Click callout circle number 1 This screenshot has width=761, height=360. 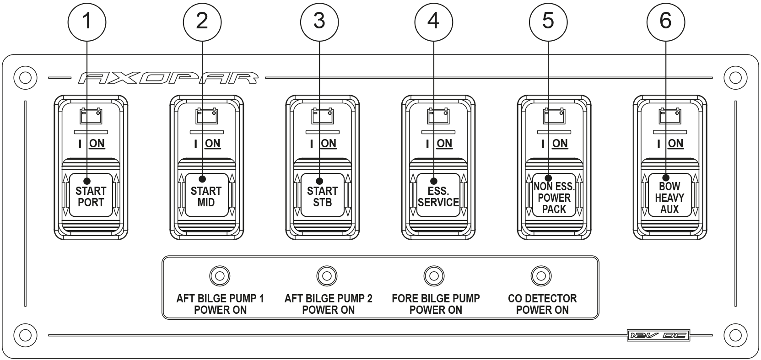[86, 21]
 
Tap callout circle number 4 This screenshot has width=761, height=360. [433, 21]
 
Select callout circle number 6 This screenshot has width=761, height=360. [665, 21]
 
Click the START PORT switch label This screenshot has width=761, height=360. [91, 197]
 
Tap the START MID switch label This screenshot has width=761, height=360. [206, 197]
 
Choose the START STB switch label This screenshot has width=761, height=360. [322, 197]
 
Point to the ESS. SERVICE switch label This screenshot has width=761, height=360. [438, 197]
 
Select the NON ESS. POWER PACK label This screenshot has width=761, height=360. [554, 198]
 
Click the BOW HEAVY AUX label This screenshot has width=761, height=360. [669, 198]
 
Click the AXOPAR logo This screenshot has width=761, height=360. [167, 78]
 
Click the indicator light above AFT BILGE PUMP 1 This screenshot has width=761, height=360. [220, 276]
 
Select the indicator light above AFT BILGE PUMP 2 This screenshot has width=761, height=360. [327, 276]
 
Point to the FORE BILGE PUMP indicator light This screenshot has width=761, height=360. [434, 276]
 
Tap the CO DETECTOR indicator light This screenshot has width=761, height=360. [541, 276]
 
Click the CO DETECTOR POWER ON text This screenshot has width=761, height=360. [542, 304]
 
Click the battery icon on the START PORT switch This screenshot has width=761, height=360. [91, 116]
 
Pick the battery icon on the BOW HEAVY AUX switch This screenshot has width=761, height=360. [669, 116]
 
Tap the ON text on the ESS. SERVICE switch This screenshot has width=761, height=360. [444, 144]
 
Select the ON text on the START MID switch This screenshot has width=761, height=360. [212, 144]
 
